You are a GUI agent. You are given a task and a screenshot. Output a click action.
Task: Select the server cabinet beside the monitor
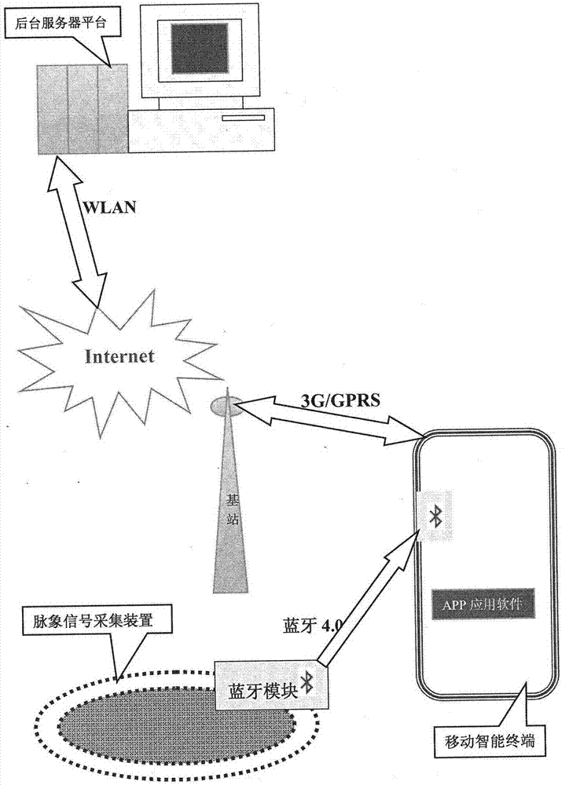click(x=82, y=108)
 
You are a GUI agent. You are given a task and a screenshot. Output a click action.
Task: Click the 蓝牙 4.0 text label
click(x=312, y=626)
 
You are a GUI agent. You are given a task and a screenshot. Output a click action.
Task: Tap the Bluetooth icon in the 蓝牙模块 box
click(x=308, y=683)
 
